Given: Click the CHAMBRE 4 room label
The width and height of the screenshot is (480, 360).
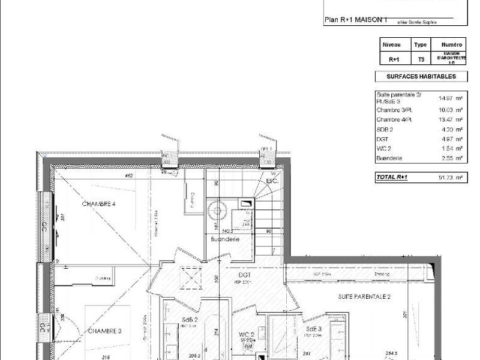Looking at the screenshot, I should click(98, 204).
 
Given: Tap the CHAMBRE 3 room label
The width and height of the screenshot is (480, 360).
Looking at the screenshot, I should click(104, 331).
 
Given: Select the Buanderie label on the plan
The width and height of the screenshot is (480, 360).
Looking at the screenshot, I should click(225, 239).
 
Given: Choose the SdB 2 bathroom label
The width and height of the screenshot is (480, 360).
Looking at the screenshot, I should click(190, 320).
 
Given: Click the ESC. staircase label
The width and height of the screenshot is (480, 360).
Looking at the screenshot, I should click(272, 181).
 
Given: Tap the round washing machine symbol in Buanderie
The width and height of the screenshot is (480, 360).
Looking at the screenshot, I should click(217, 211).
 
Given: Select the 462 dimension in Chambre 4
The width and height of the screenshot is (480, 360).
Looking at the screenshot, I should click(128, 176).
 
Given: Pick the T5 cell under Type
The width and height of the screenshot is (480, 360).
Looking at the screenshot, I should click(421, 59).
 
